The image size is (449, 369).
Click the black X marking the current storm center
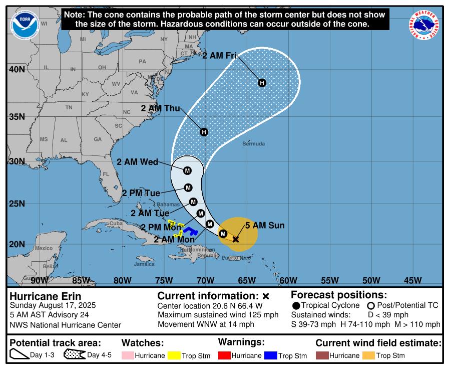(x=236, y=239)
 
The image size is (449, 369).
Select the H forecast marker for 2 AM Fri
(x=261, y=83)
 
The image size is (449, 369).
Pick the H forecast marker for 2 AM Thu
(x=204, y=132)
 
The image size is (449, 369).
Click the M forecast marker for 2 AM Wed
(x=187, y=170)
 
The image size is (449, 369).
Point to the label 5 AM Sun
(x=264, y=226)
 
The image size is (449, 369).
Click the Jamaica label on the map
(x=144, y=264)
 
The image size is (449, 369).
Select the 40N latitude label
(x=17, y=70)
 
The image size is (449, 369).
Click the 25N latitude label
(x=17, y=204)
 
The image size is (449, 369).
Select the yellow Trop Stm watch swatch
(x=174, y=355)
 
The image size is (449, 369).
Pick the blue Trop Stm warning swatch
(x=271, y=355)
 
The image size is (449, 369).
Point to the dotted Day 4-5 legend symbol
(x=74, y=355)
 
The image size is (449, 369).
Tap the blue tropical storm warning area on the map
(x=190, y=231)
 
